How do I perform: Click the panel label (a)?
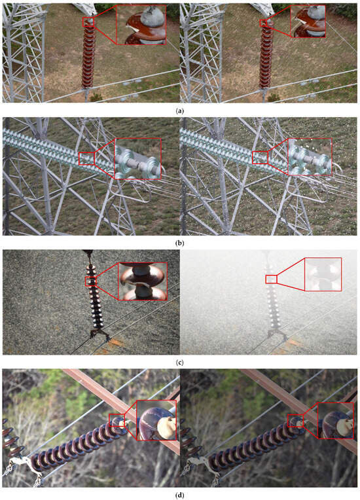point(180,111)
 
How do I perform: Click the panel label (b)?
point(180,243)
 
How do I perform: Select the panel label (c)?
point(180,363)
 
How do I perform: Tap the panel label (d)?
point(180,495)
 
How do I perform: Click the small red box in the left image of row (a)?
point(88,22)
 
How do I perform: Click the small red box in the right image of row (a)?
point(263,23)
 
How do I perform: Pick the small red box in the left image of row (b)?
point(87,158)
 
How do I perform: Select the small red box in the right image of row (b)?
point(261,158)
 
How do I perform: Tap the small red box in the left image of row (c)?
point(91,281)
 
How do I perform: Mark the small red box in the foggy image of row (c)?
point(272,279)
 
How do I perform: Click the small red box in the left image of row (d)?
point(117,420)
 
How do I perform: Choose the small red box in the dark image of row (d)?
point(295,421)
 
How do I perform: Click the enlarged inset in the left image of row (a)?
point(141,25)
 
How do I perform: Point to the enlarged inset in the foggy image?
point(323,274)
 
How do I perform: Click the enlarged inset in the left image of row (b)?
point(137,158)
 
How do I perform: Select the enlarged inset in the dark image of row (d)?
point(336,421)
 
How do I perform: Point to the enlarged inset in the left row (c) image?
point(143,281)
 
